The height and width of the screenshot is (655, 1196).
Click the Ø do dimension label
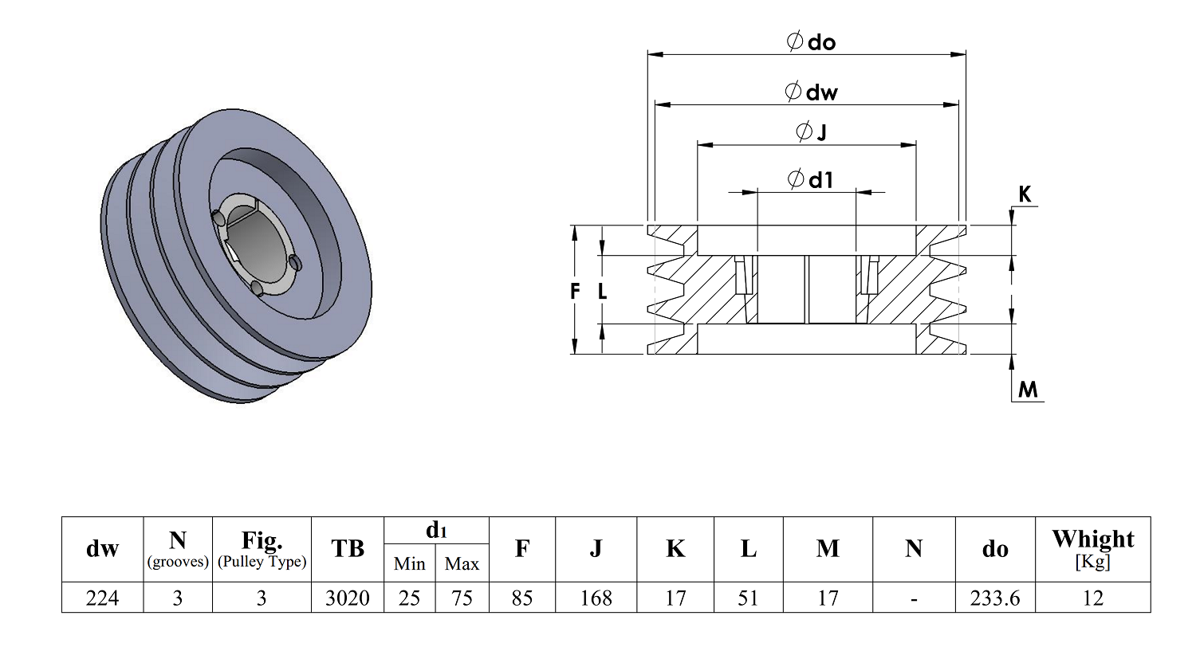pos(812,41)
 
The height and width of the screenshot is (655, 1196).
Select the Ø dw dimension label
pos(812,92)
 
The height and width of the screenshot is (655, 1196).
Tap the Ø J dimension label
pos(811,131)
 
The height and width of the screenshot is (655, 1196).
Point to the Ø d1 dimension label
pos(810,180)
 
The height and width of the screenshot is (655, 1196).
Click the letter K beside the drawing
pos(1025,194)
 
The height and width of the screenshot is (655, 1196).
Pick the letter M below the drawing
pos(1028,390)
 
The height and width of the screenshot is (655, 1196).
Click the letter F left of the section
pos(575,291)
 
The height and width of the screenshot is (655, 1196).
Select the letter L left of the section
pos(602,291)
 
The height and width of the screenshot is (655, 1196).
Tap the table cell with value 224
pos(103,598)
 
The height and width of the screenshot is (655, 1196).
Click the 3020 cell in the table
pos(348,598)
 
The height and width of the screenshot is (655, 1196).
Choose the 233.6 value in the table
pos(995,598)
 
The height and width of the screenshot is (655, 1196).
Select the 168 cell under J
pos(596,598)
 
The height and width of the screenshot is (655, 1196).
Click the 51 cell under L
pos(748,598)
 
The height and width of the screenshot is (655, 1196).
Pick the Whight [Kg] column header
pos(1093,549)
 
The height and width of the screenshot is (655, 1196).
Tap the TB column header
pos(348,549)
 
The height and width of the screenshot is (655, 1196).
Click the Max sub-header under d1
pos(462,563)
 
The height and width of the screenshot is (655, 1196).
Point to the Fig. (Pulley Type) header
pos(262,549)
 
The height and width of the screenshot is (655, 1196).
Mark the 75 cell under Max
pos(462,598)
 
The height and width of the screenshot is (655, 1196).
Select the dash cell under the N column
pos(914,598)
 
